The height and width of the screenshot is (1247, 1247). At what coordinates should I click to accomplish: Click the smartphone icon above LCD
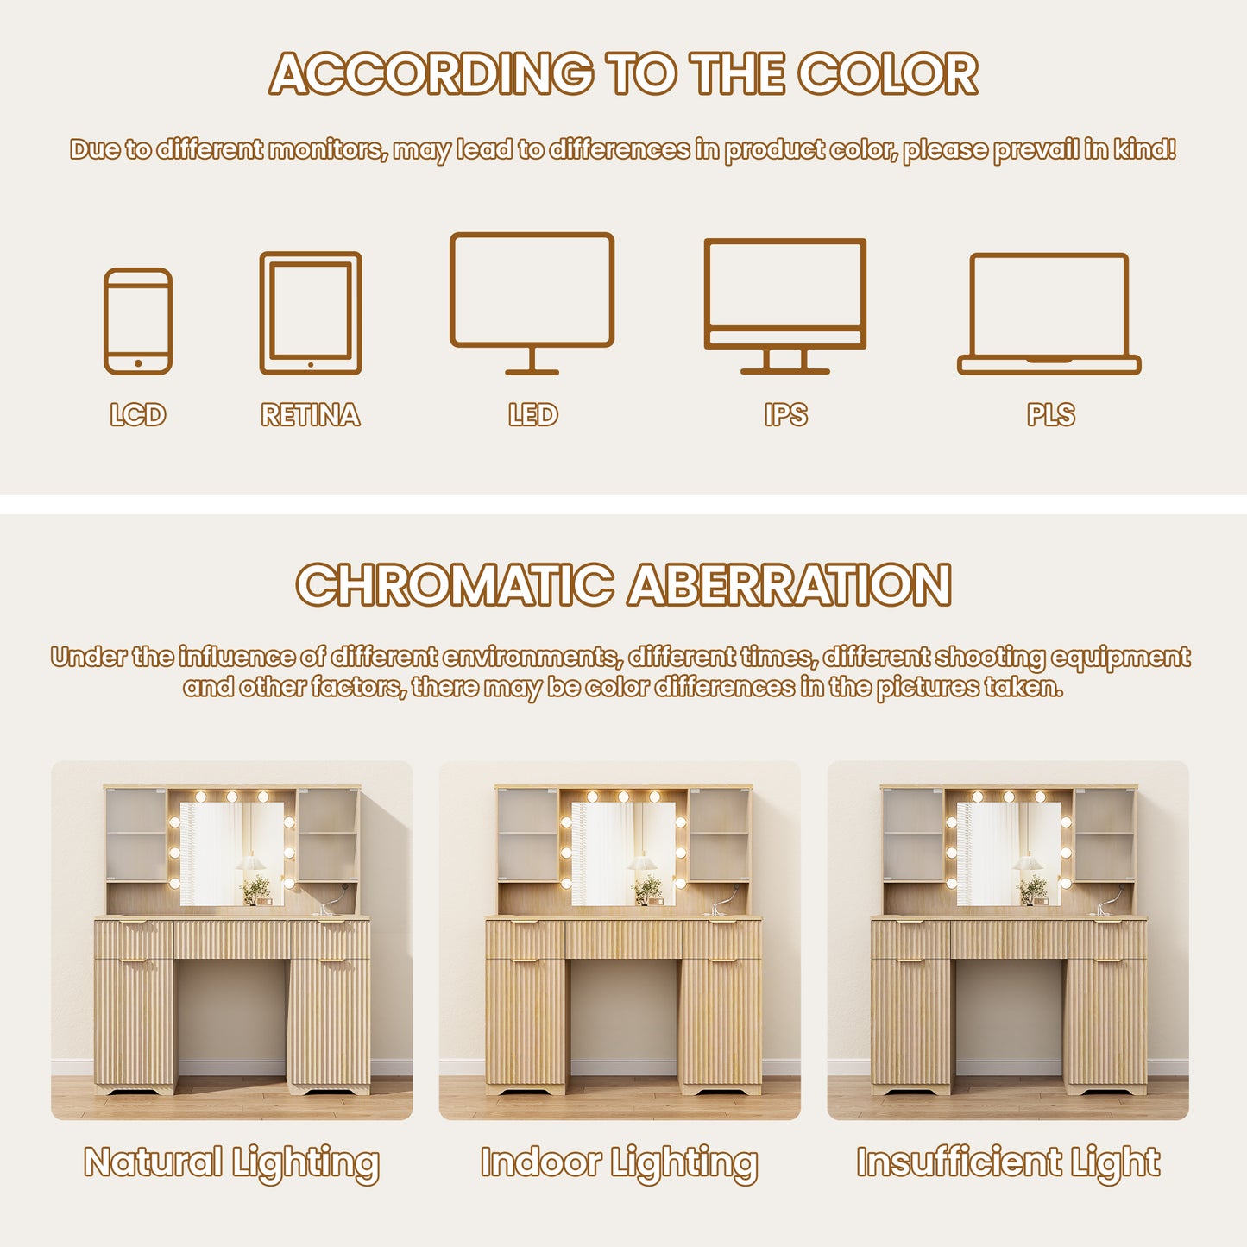point(138,271)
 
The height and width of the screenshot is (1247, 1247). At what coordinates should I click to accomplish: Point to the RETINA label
point(311,415)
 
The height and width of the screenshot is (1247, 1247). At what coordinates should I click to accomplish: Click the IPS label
point(785,415)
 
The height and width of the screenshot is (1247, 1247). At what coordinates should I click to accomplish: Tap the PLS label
point(1051,415)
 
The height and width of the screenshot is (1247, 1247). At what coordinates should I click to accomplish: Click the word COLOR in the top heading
point(887,73)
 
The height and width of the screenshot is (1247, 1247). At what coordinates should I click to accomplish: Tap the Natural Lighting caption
point(231,1163)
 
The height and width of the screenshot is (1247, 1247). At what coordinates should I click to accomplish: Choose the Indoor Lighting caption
point(620,1163)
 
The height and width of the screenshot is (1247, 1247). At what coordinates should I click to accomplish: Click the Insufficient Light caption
point(1008,1163)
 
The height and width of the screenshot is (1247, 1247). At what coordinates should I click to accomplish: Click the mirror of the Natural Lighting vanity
point(231,853)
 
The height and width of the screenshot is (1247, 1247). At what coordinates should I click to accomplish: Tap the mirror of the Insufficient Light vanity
point(1009,853)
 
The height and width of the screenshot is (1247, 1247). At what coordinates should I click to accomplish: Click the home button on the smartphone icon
point(138,363)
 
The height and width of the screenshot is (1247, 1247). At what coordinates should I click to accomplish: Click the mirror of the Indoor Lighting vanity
point(624,853)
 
